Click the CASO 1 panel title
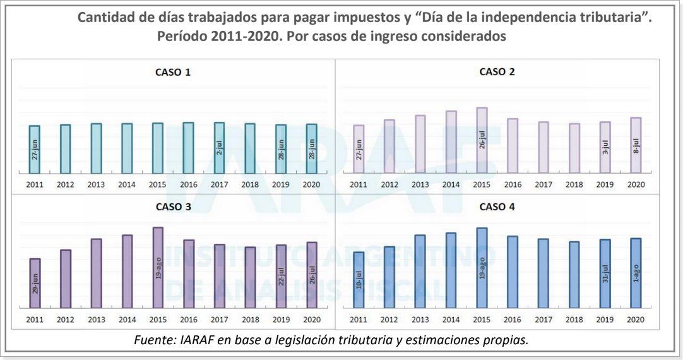(x=173, y=72)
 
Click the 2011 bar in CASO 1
(x=35, y=149)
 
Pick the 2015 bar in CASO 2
(x=482, y=140)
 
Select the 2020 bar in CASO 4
(x=636, y=273)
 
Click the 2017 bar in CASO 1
(x=219, y=148)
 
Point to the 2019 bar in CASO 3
(x=281, y=276)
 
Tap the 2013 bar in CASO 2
(x=420, y=144)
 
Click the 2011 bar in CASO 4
(x=359, y=280)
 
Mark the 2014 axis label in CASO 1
(x=127, y=184)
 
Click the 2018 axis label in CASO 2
(x=574, y=184)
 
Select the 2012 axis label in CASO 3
(x=66, y=320)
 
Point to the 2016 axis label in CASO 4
(x=513, y=320)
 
